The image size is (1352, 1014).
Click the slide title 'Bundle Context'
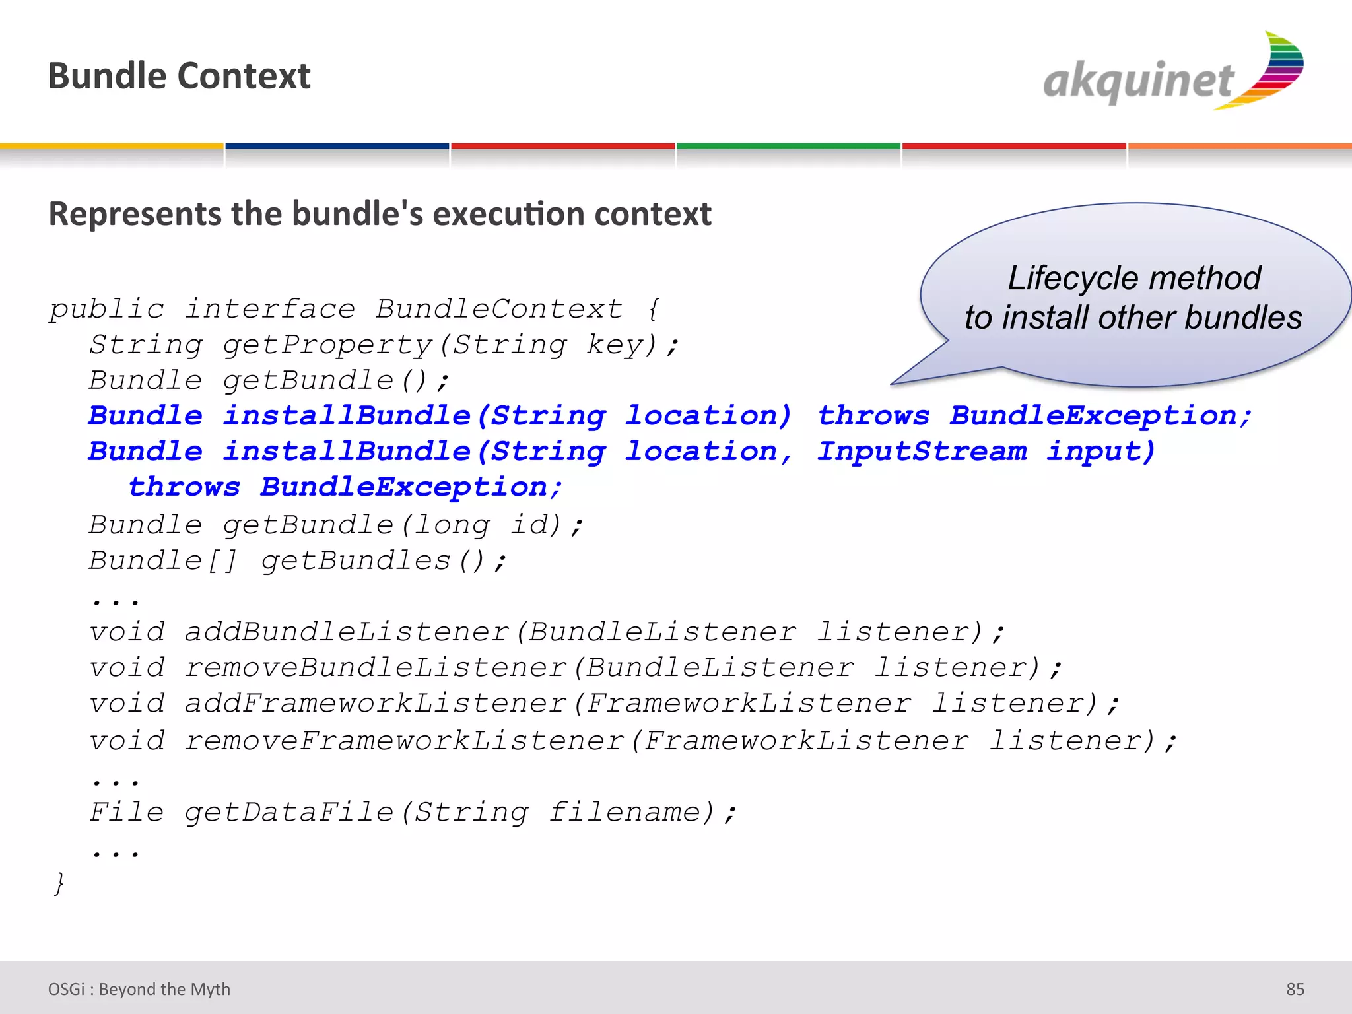point(179,76)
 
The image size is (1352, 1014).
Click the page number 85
point(1295,989)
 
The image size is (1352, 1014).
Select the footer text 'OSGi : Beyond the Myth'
point(139,989)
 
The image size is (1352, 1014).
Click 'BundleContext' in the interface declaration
point(499,309)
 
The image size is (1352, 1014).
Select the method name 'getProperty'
point(327,345)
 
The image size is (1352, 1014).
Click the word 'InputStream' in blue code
point(922,452)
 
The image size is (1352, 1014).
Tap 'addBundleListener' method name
point(347,632)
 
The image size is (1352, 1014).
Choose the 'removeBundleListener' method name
point(376,668)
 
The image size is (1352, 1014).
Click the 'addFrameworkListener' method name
point(376,704)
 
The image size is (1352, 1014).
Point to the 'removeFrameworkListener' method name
point(404,741)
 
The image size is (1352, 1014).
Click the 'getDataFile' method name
point(289,812)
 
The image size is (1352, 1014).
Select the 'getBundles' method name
point(356,561)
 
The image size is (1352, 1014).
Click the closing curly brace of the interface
point(59,883)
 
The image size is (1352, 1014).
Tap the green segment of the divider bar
point(788,146)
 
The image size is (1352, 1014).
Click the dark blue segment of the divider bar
point(337,146)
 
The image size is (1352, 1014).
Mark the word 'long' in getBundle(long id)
point(453,525)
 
